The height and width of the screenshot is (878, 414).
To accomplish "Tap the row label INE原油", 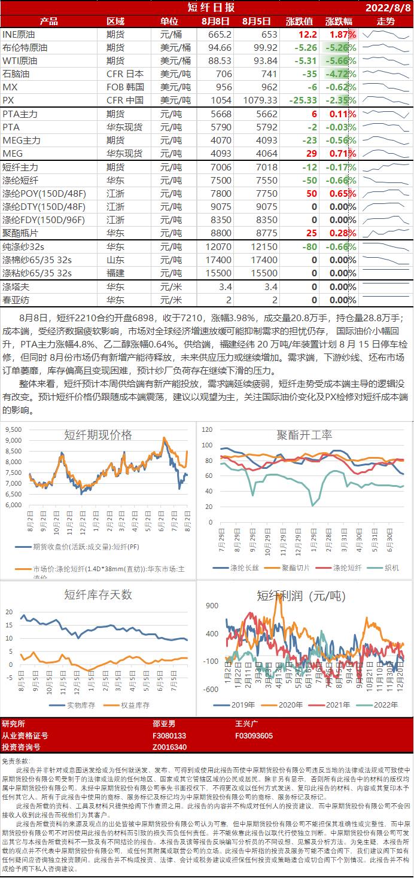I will click(x=19, y=34).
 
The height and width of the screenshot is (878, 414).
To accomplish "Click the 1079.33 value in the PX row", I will click(x=260, y=100).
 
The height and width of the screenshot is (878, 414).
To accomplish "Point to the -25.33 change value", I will click(x=301, y=100).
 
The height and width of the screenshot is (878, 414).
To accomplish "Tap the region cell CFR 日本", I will click(x=125, y=74).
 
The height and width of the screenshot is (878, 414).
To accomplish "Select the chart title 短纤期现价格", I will click(x=98, y=435).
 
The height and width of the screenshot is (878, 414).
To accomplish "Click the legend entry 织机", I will click(x=392, y=568).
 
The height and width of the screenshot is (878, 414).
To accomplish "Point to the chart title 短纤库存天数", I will click(x=98, y=595).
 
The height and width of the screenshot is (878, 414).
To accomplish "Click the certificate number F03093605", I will click(x=254, y=736).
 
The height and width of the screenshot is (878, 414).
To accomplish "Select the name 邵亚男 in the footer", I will click(x=165, y=724).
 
